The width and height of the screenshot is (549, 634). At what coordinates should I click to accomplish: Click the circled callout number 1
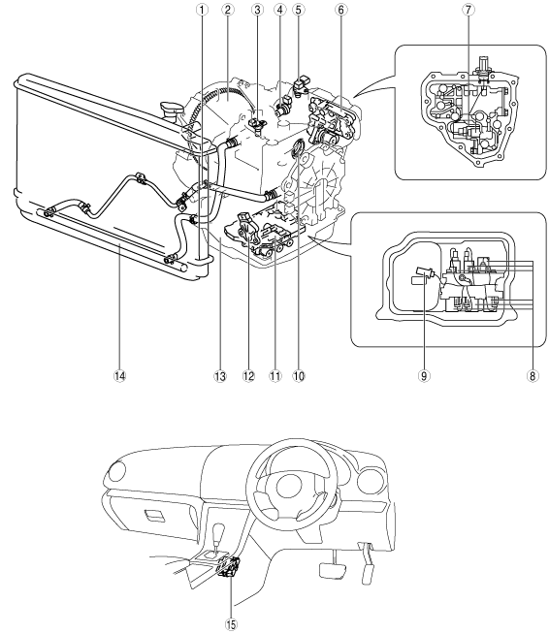click(202, 10)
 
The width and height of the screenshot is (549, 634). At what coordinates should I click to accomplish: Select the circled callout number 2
click(228, 10)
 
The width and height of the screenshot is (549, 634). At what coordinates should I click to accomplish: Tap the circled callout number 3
click(257, 10)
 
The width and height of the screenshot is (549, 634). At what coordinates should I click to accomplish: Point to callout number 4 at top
click(280, 10)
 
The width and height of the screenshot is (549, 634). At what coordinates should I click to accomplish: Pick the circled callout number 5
click(298, 10)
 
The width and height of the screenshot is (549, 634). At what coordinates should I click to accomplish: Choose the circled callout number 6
click(340, 10)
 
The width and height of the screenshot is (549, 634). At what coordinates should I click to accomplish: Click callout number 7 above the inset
click(468, 10)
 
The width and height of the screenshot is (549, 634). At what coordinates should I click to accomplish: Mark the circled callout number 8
click(532, 376)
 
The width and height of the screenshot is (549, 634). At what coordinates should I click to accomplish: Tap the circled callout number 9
click(424, 376)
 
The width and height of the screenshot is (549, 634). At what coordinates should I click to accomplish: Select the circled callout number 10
click(299, 376)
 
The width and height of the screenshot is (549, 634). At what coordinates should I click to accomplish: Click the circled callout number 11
click(274, 376)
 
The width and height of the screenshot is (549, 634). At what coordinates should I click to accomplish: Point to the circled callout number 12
click(249, 376)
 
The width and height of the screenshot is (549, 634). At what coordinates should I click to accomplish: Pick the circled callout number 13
click(220, 376)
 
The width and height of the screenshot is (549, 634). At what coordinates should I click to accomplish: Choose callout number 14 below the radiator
click(119, 376)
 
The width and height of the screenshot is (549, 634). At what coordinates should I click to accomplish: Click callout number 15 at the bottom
click(231, 624)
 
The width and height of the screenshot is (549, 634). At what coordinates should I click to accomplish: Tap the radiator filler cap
click(171, 110)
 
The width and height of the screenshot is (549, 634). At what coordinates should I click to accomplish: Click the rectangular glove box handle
click(153, 516)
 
